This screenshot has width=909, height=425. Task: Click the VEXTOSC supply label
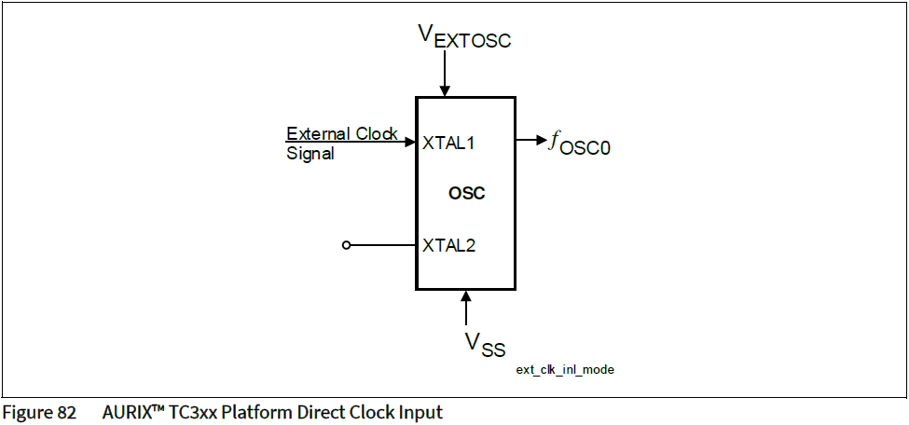[x=464, y=37]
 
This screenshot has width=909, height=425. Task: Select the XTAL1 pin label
[x=448, y=143]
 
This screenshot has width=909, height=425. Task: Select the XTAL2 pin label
[x=448, y=245]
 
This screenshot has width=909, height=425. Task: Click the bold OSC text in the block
[x=466, y=194]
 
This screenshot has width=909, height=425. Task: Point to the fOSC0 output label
[x=579, y=143]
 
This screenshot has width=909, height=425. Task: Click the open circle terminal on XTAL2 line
[x=347, y=245]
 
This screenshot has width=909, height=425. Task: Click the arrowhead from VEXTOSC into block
[x=446, y=90]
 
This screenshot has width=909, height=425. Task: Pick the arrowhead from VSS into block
[x=466, y=295]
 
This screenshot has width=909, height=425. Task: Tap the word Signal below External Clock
[x=310, y=154]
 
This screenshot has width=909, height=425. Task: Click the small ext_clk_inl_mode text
[x=564, y=370]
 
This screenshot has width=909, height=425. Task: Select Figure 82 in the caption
[x=39, y=412]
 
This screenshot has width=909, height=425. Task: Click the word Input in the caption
[x=420, y=412]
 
